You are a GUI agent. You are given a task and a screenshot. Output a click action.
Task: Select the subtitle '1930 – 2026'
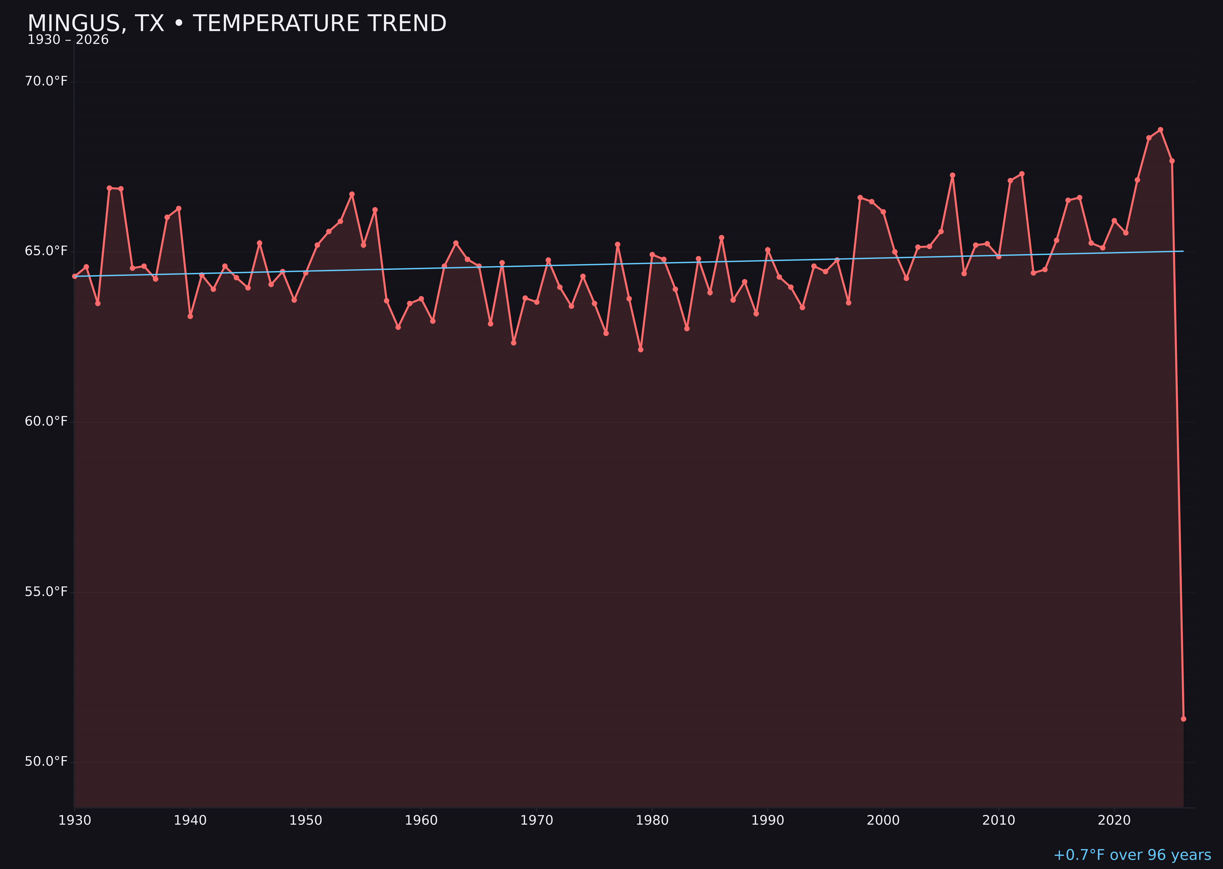point(68,40)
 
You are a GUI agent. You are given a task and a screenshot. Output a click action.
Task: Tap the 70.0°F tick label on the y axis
point(46,81)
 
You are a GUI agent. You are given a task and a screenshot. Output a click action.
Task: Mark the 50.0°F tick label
point(46,761)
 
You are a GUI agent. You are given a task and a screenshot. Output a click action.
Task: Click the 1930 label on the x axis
point(75,821)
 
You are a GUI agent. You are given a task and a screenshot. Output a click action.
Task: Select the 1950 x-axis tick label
point(306,821)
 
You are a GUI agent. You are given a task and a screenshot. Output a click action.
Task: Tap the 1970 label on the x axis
point(537,821)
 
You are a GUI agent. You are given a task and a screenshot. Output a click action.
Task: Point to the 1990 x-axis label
point(767,821)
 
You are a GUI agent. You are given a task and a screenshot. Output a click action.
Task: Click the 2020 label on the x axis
point(1114,821)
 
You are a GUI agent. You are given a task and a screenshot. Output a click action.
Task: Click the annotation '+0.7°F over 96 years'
point(1132,855)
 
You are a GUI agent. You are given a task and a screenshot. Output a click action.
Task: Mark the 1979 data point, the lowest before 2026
point(641,350)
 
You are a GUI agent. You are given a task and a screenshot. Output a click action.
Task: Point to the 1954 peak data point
point(352,194)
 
